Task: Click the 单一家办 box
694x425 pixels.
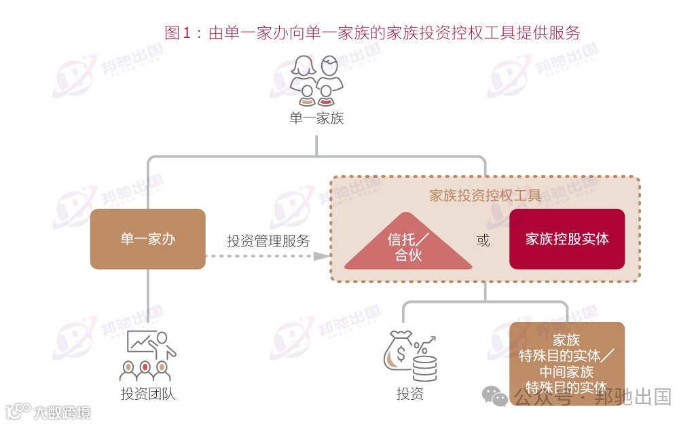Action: point(147,239)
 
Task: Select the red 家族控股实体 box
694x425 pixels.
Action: point(566,239)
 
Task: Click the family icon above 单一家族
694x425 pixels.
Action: point(316,81)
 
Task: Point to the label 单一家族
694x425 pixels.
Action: point(316,119)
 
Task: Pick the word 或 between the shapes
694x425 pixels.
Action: point(483,241)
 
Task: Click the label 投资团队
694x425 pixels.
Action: point(147,394)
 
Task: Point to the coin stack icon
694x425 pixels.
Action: point(424,367)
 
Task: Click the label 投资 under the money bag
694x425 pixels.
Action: point(409,394)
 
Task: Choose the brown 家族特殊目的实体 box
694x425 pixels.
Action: point(566,358)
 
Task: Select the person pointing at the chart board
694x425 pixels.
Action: point(164,343)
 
